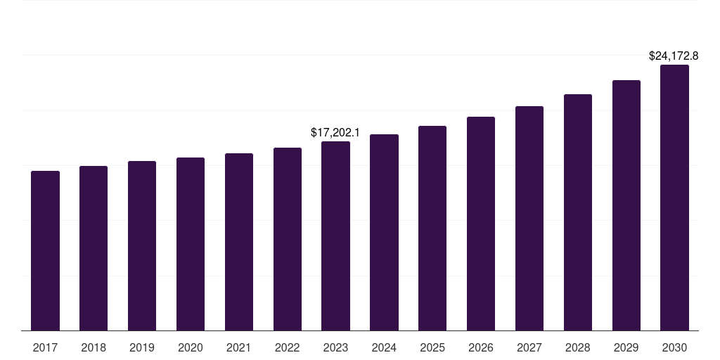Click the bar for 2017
pos(45,250)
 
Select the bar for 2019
pos(142,245)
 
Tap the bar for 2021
pos(239,242)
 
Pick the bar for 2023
pos(335,236)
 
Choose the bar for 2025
pos(432,228)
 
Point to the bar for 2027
pos(529,218)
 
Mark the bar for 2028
pos(578,212)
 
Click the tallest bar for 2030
pos(674,198)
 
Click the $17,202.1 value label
pos(335,132)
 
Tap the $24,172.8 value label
pos(673,56)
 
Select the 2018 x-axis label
pos(94,347)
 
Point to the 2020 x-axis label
pos(191,347)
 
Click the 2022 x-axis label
pos(288,347)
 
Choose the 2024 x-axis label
pos(384,347)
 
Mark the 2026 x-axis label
pos(481,347)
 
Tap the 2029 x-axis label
pos(626,347)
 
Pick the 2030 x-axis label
pos(674,347)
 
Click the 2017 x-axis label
pos(45,347)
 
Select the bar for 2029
pos(626,205)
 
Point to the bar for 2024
pos(384,232)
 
